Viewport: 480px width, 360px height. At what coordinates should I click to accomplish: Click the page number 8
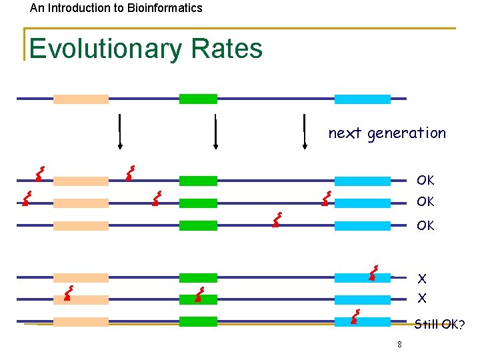point(399,345)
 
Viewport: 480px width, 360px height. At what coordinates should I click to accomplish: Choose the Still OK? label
point(439,325)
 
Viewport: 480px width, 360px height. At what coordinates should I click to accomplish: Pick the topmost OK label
point(425,180)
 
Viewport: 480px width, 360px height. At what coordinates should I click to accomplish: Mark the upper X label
point(422,279)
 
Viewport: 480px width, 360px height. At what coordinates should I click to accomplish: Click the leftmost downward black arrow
point(119,131)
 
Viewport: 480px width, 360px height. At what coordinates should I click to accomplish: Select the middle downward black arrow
point(215,131)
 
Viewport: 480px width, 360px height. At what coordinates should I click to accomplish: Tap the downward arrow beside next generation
point(304,131)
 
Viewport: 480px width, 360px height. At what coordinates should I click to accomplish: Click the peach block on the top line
point(81,99)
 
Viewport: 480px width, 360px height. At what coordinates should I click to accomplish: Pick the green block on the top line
point(198,99)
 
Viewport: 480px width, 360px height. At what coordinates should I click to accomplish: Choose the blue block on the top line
point(362,99)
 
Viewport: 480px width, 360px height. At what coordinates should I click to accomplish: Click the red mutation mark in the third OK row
point(276,220)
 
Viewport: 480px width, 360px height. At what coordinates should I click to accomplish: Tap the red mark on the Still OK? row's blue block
point(355,317)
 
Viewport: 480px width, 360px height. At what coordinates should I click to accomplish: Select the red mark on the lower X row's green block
point(199,295)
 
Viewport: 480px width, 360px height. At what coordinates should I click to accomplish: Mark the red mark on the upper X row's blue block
point(373,273)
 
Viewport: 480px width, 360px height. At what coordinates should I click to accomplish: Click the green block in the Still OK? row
point(198,321)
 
